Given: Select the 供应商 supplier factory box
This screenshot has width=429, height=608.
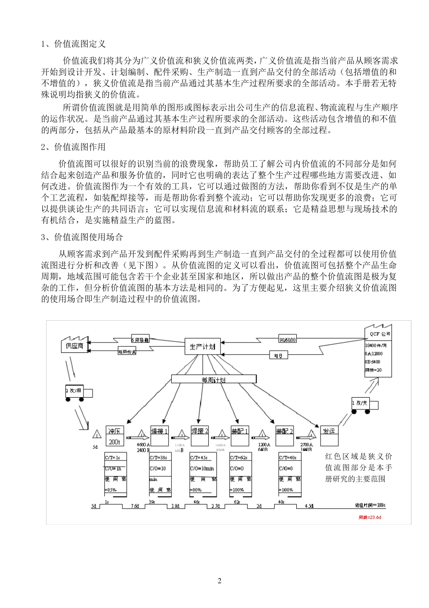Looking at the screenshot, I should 75,346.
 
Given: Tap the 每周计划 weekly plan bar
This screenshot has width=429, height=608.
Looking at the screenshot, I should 214,380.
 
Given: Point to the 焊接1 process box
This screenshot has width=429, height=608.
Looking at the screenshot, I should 159,431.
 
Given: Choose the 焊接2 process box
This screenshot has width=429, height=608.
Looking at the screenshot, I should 200,431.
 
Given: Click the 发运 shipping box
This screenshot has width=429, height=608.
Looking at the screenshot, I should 329,431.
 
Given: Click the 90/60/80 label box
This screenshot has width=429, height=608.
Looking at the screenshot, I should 288,339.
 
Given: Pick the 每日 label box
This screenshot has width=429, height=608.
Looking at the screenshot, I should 279,356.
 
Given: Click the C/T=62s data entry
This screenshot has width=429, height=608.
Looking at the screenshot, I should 239,457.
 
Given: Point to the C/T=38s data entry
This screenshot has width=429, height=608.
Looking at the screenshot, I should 159,457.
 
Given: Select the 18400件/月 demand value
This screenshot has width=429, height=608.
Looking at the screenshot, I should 375,345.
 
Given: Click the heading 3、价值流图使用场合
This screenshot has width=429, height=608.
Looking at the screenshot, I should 82,237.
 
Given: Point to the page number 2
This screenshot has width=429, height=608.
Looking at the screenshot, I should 219,581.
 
